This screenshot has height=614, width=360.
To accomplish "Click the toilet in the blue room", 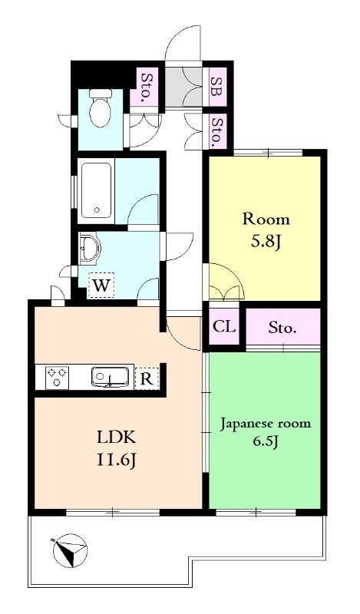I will (100, 109).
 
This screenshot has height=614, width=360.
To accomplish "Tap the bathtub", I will (96, 190).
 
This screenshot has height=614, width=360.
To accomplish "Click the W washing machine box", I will (100, 286).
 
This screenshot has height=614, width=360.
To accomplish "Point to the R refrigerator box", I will (147, 377).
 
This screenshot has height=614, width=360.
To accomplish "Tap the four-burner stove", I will (58, 378).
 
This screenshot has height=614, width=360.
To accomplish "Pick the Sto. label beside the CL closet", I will (282, 328).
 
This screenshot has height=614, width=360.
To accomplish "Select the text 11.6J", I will (116, 462).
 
